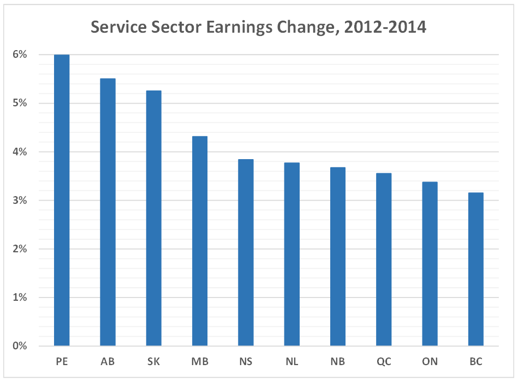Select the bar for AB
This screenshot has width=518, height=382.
[108, 212]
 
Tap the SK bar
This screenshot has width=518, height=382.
[153, 218]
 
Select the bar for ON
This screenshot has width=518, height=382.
[430, 264]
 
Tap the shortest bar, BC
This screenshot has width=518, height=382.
[475, 269]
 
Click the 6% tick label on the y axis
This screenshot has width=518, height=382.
[20, 54]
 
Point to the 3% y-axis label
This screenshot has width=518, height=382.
[20, 201]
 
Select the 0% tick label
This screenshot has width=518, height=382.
[20, 346]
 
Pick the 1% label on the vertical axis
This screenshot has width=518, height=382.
[20, 298]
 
